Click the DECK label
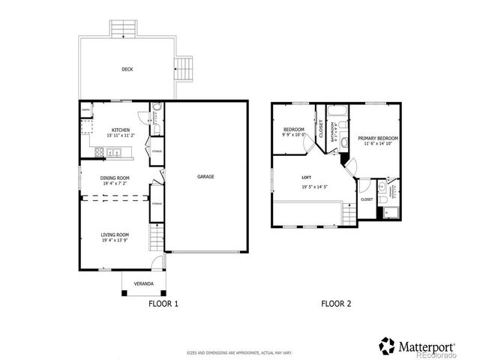pyautogui.click(x=127, y=70)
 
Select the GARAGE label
pyautogui.click(x=205, y=177)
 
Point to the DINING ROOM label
pyautogui.click(x=115, y=178)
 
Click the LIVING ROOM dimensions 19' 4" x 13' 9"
pyautogui.click(x=115, y=241)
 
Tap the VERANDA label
pyautogui.click(x=144, y=284)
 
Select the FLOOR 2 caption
pyautogui.click(x=336, y=304)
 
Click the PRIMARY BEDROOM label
pyautogui.click(x=377, y=139)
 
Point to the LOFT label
pyautogui.click(x=306, y=178)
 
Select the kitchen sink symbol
pyautogui.click(x=114, y=153)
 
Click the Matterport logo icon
pyautogui.click(x=387, y=346)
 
